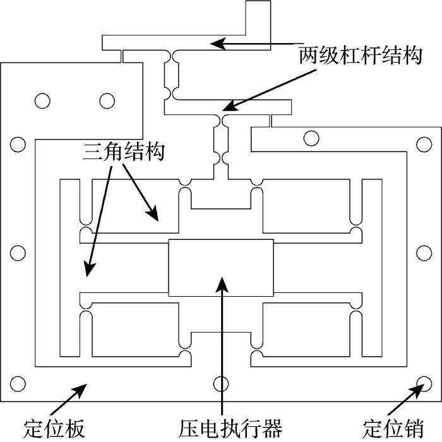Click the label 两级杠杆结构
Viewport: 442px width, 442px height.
point(361,56)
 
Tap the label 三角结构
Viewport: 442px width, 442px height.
point(124,152)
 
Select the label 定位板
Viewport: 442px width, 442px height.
point(54,429)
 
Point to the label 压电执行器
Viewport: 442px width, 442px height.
point(230,429)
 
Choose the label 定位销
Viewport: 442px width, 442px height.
point(393,429)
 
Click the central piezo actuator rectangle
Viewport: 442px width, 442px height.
point(221,268)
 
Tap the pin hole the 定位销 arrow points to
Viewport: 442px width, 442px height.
point(424,384)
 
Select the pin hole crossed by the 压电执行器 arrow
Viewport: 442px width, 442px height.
point(221,384)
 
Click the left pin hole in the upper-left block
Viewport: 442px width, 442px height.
point(42,101)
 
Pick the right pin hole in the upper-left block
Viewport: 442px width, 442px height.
point(107,101)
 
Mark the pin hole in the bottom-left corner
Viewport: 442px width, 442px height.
point(18,384)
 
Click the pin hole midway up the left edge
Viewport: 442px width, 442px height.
point(18,253)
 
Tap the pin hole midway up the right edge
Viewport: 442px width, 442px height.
point(424,253)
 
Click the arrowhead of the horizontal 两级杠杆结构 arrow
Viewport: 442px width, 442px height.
point(218,44)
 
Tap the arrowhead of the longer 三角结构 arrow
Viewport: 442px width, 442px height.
point(90,268)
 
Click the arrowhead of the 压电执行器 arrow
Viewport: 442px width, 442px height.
point(222,285)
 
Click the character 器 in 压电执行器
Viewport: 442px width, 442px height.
point(272,429)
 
